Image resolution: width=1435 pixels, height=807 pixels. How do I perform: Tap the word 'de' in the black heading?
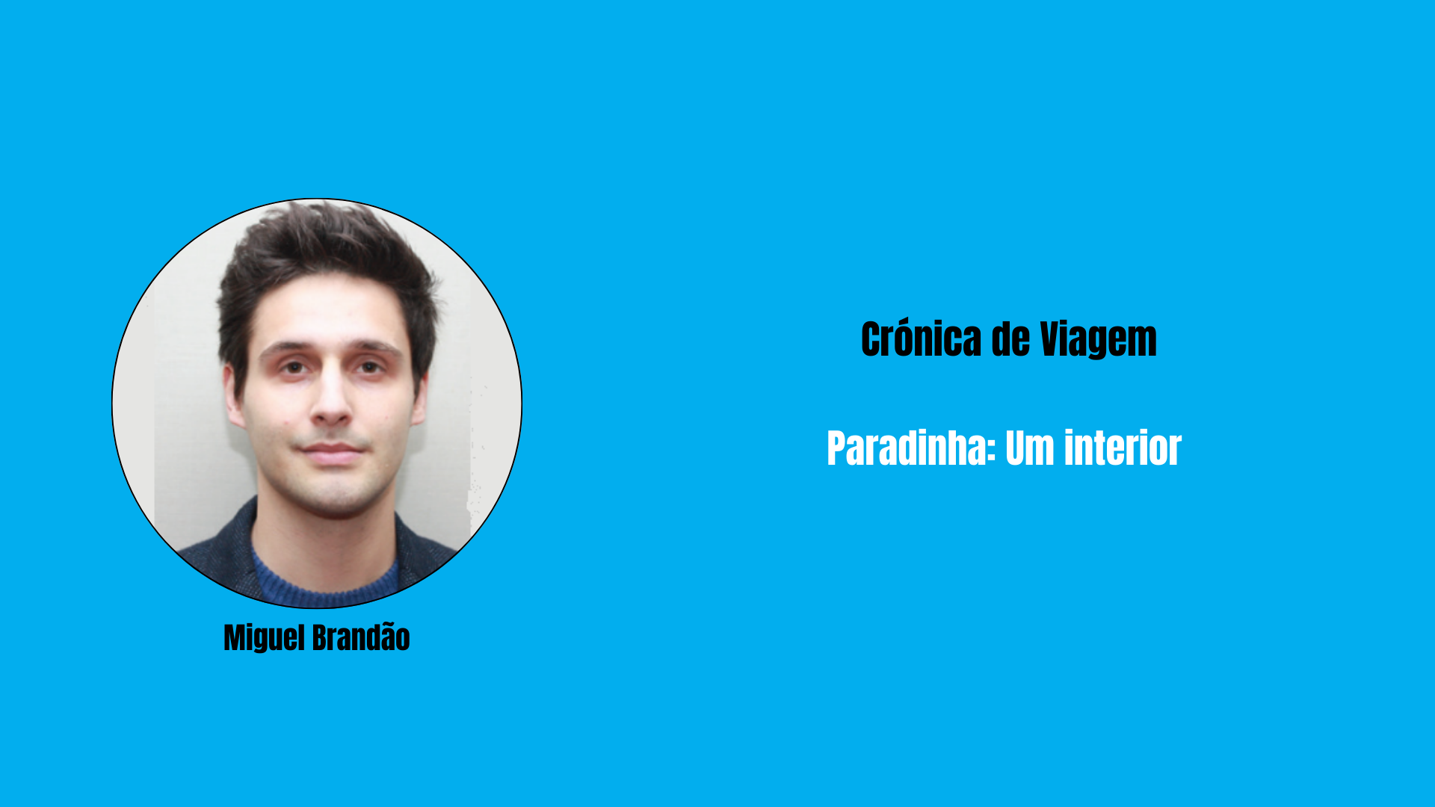click(1010, 339)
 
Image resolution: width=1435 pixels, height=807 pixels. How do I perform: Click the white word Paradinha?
click(907, 448)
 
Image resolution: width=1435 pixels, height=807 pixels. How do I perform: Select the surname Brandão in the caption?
click(361, 637)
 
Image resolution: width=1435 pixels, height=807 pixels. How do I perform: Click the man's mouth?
click(331, 450)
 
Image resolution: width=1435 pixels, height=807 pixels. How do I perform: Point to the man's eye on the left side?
click(294, 366)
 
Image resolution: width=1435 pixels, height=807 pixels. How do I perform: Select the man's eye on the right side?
click(368, 366)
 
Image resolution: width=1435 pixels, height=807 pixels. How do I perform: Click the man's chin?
click(332, 496)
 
